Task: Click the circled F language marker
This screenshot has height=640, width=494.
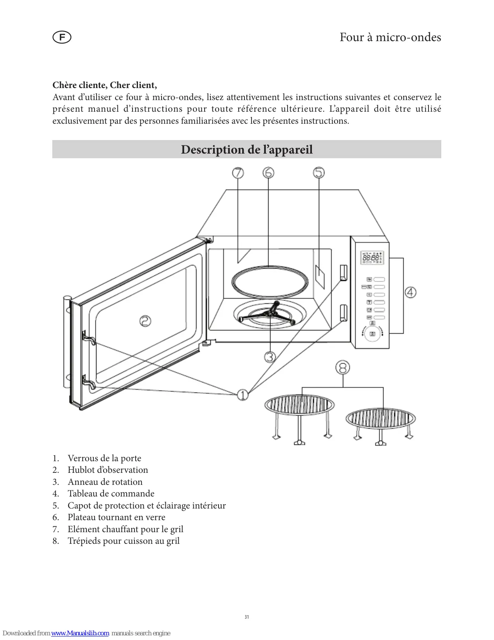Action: coord(62,38)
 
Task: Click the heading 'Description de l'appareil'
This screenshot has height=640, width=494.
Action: coord(247,150)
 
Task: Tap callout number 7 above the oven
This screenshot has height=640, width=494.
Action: coord(238,173)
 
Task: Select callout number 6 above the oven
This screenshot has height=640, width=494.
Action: coord(268,173)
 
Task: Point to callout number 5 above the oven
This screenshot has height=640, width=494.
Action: coord(319,173)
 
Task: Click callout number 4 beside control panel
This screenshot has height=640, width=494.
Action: coord(411,292)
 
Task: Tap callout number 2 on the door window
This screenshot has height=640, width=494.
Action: coord(145,321)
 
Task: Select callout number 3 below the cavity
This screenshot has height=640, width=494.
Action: coord(270,357)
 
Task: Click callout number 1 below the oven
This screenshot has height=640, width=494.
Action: coord(243,395)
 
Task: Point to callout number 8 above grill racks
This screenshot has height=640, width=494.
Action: coord(343,367)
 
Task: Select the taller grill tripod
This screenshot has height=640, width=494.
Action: coord(299,417)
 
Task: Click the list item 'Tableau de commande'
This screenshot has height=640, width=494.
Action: coord(111,493)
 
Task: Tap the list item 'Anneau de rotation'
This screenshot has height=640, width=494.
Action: coord(105,482)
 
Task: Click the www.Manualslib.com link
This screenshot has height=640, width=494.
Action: coord(80,633)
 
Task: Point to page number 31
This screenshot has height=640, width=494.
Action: coord(247,617)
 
